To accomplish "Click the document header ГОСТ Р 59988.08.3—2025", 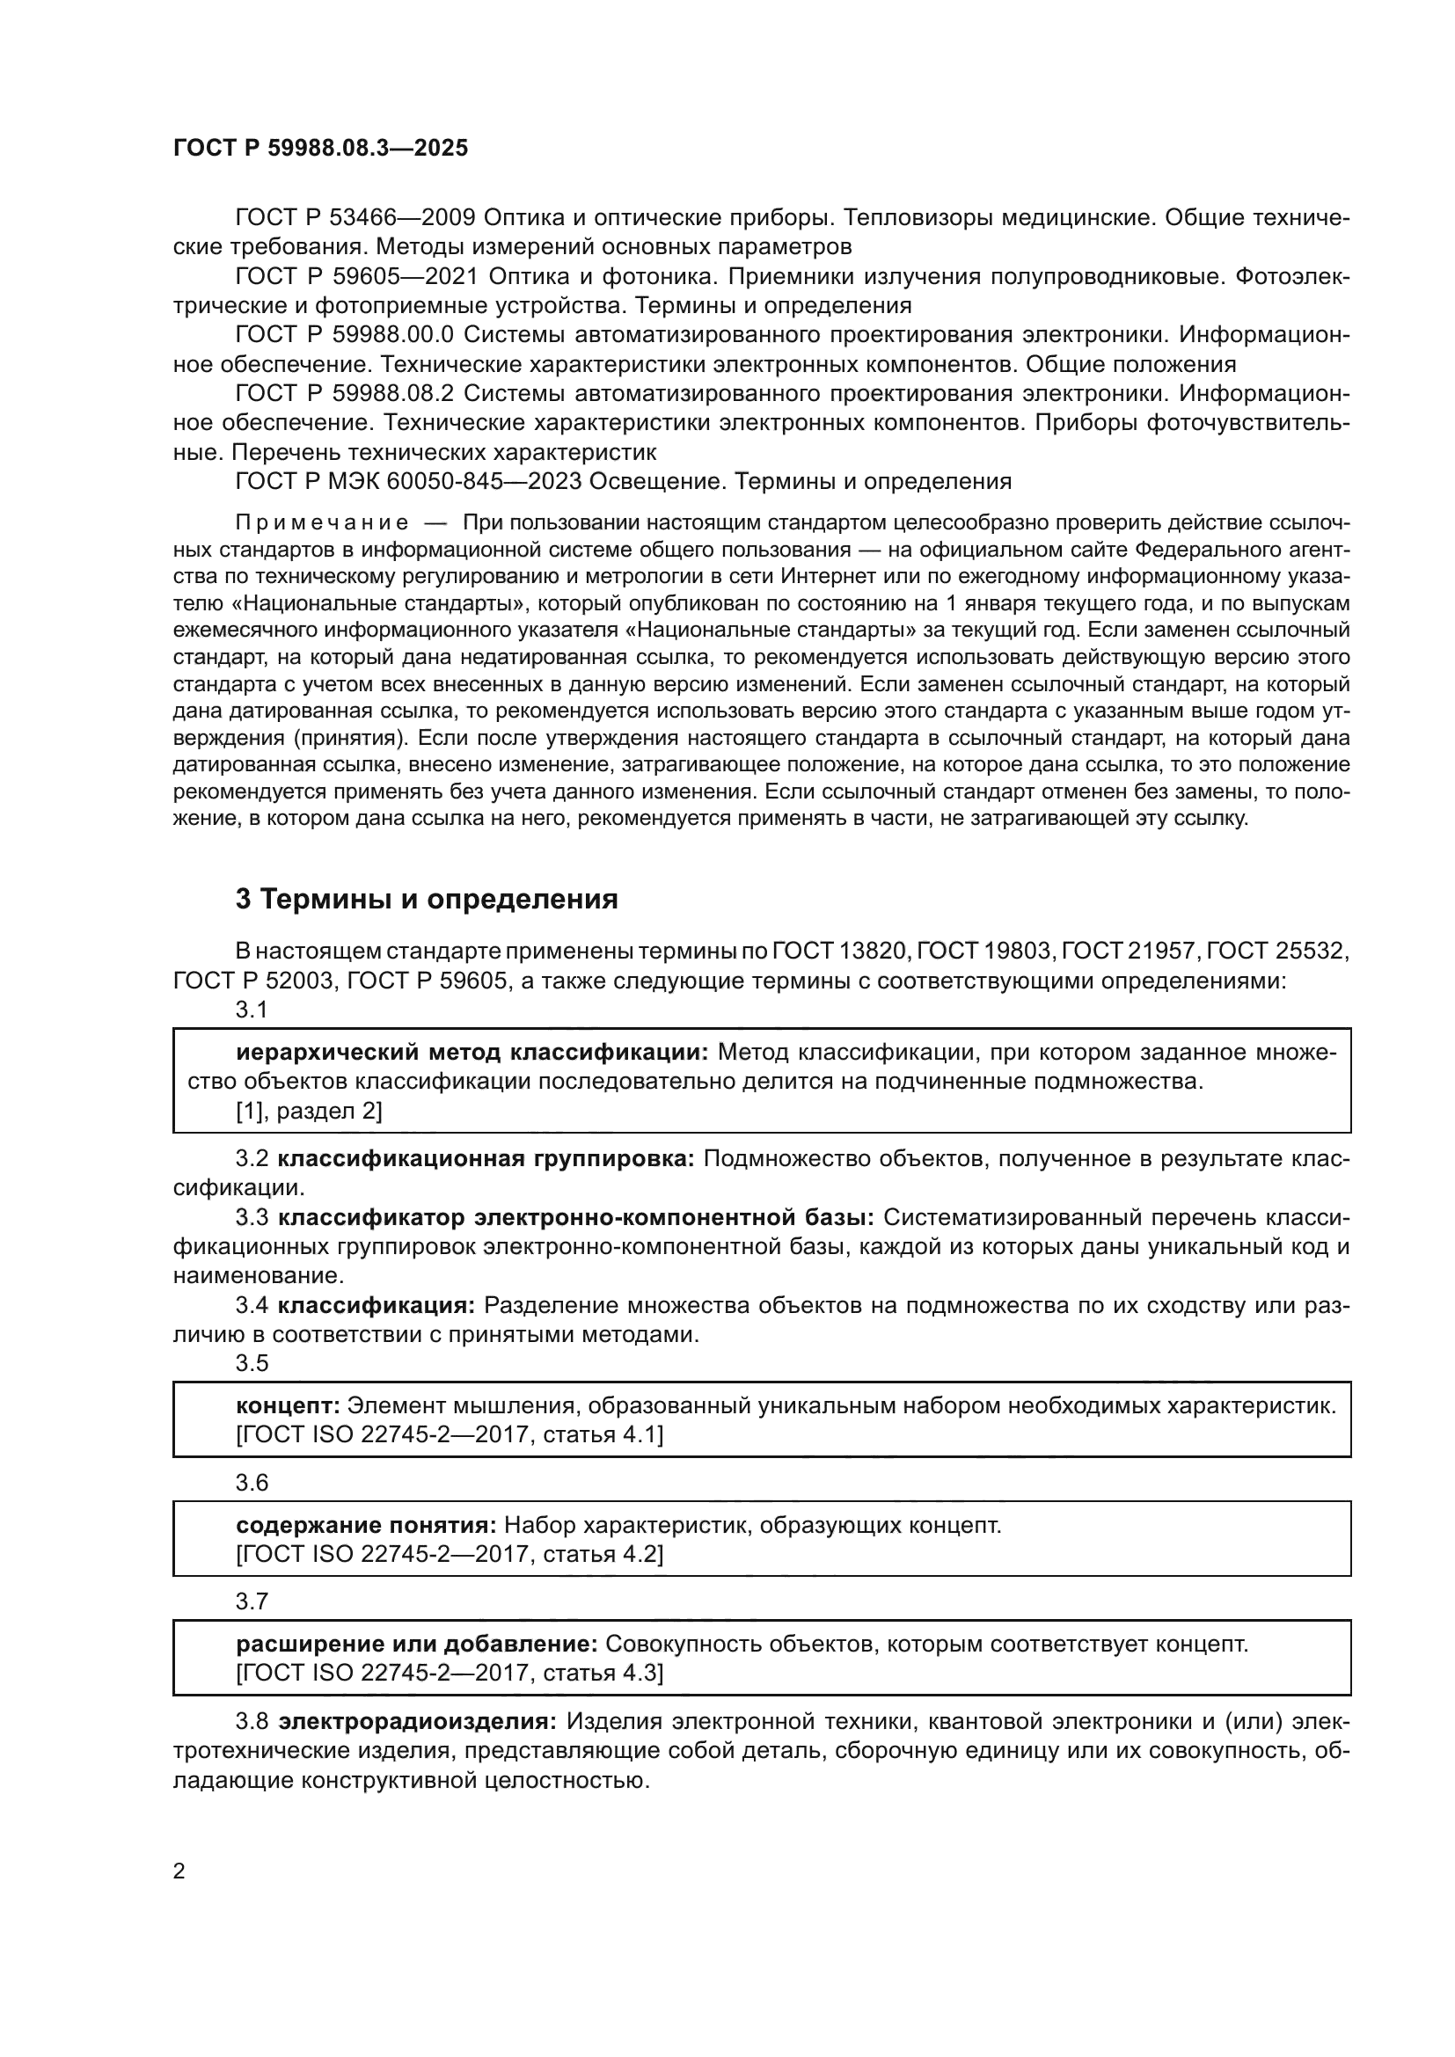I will (320, 148).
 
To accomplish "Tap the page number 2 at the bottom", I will (179, 1871).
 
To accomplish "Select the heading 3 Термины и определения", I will (427, 899).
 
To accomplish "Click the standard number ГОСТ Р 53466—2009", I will (355, 218).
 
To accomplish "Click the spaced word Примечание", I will (322, 523).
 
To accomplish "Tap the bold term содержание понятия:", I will (366, 1524).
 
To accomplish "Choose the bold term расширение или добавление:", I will (417, 1643).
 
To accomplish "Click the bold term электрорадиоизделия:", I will (418, 1721).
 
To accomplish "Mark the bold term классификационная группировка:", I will (486, 1158).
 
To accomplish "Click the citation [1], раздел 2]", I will (308, 1111).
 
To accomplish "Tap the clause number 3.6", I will (252, 1483).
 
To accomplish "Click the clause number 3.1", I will (252, 1010).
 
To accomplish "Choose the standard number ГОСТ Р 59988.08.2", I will (345, 393).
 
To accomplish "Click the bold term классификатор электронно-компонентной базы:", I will (576, 1217).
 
